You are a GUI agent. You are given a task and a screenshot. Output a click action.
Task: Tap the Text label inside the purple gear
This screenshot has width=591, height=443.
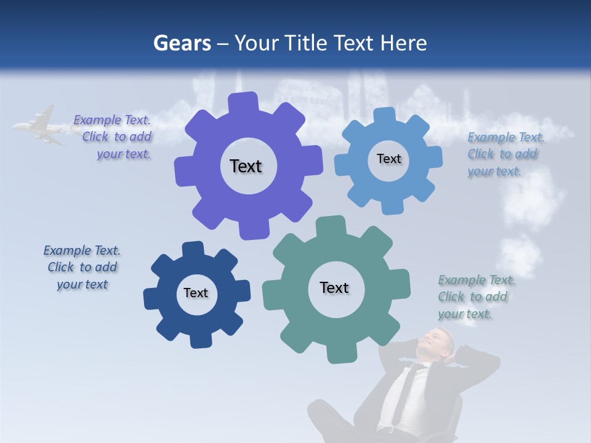246,166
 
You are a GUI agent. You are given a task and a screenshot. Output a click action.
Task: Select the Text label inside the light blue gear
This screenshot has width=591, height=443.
388,159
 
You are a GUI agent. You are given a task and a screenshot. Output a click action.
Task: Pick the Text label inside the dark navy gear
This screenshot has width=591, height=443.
196,293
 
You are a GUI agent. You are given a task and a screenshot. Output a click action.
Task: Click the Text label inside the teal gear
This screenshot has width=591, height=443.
334,288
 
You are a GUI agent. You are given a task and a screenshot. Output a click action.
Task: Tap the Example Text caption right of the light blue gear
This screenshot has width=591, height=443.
504,154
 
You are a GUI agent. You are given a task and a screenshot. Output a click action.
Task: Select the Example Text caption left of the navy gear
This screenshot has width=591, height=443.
82,268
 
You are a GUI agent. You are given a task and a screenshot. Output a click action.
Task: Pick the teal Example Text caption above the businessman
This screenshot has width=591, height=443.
475,297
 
